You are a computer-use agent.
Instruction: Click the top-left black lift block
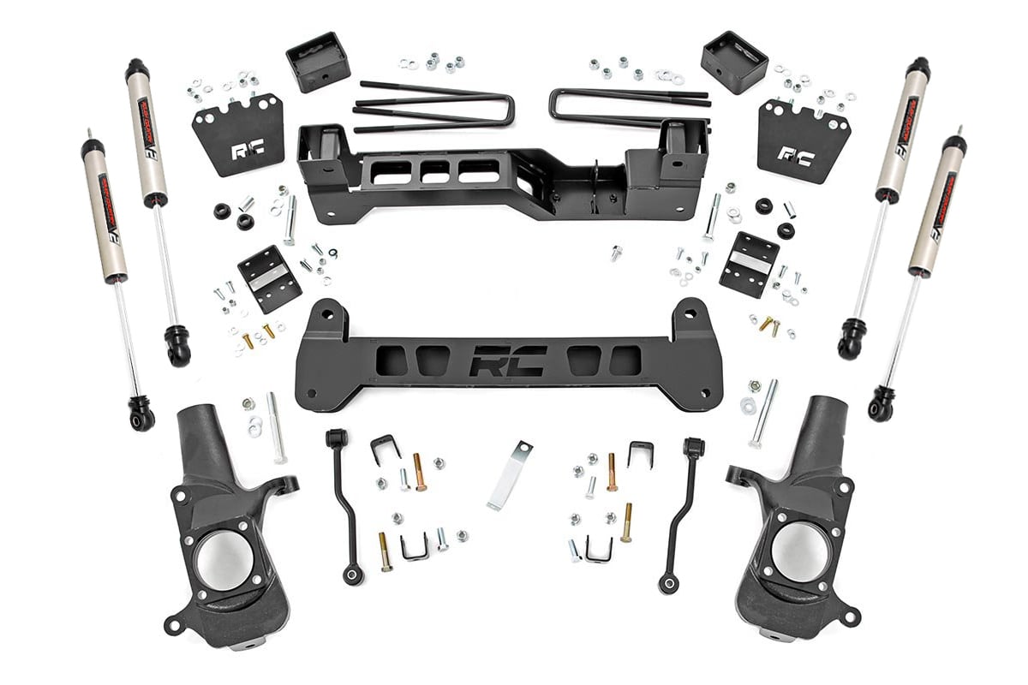pyautogui.click(x=318, y=62)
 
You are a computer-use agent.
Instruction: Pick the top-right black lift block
pyautogui.click(x=733, y=63)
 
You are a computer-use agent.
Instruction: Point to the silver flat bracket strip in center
pyautogui.click(x=510, y=474)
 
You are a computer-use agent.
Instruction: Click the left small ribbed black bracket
pyautogui.click(x=269, y=279)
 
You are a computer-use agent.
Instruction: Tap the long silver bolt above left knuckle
pyautogui.click(x=277, y=427)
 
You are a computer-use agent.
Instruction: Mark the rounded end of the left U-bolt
pyautogui.click(x=509, y=110)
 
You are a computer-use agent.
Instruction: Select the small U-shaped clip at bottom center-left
pyautogui.click(x=414, y=547)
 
